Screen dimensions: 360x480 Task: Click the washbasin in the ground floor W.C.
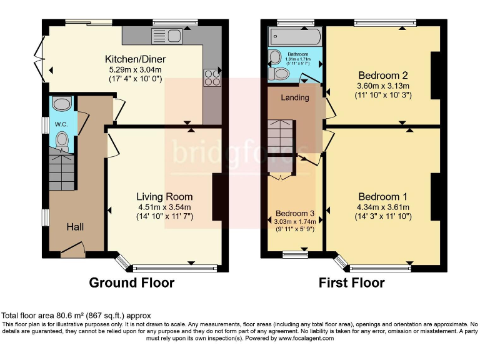click(x=62, y=104)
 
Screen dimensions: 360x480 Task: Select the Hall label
click(x=76, y=226)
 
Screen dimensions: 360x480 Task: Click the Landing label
click(x=294, y=97)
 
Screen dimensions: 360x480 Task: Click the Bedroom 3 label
click(x=291, y=213)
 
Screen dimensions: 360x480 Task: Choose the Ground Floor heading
click(x=131, y=282)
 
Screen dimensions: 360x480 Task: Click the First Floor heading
click(x=351, y=282)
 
